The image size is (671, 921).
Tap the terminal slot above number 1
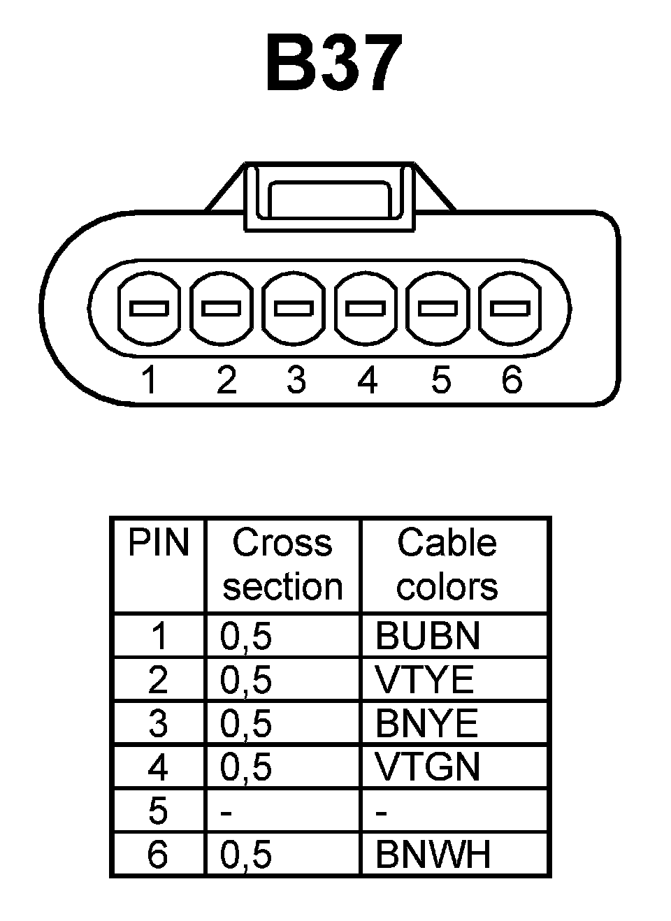[x=150, y=307]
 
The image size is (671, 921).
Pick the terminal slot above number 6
[x=510, y=307]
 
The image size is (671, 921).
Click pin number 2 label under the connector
[x=226, y=380]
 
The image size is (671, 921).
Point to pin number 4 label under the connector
[x=368, y=380]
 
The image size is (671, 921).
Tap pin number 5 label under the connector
[x=440, y=380]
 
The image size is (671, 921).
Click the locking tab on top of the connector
[x=329, y=197]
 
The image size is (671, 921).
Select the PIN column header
[x=159, y=544]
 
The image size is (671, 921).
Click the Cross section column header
[x=282, y=565]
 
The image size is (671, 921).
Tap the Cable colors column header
[x=447, y=565]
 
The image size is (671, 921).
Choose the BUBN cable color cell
[x=428, y=636]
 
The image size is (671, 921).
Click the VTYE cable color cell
[x=425, y=680]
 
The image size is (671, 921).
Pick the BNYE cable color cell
[x=426, y=723]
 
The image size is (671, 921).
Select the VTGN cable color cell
[x=428, y=767]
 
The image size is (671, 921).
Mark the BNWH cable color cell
[x=433, y=854]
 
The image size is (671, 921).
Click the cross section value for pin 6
[x=246, y=854]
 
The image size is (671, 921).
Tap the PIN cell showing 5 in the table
[x=159, y=811]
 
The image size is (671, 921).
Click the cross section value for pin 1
[x=246, y=636]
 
